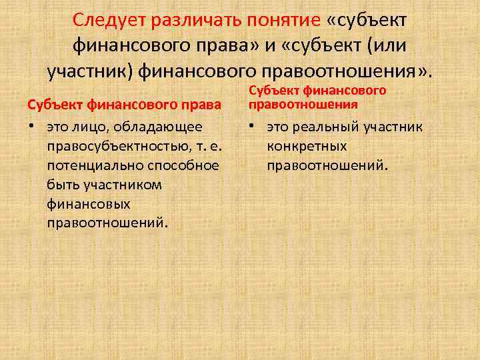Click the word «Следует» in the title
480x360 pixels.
(109, 20)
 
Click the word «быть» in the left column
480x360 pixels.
(63, 184)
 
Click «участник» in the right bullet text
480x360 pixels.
(393, 126)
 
